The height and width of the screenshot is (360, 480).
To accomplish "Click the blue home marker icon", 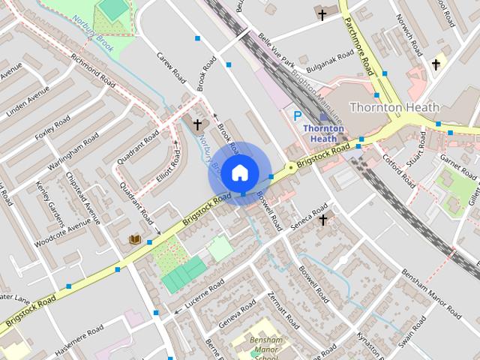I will coord(238,172).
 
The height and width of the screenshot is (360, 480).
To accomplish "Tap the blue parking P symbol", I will coord(297,115).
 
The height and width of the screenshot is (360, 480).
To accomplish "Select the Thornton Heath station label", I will coord(324,133).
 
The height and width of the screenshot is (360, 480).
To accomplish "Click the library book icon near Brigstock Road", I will coord(135,239).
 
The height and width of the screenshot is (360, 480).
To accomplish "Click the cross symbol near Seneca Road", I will coord(323,220).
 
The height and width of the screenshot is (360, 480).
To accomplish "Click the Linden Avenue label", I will coord(27,101).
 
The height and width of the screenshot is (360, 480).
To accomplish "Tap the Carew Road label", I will coord(171,67).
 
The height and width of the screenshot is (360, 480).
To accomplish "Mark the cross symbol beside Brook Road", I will coord(198,124).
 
